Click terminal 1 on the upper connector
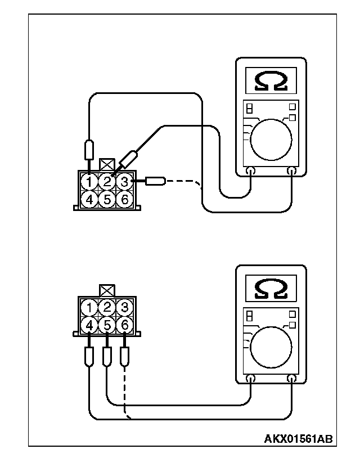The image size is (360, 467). point(89,182)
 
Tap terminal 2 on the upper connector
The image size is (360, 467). point(107,182)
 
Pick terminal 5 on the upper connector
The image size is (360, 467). point(107,199)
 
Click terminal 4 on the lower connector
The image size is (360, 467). point(89,325)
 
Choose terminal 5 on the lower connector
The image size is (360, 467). point(107,325)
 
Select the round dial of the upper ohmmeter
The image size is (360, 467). point(271,140)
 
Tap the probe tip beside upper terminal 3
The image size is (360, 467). point(154,181)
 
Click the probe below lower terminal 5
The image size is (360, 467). point(107,356)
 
